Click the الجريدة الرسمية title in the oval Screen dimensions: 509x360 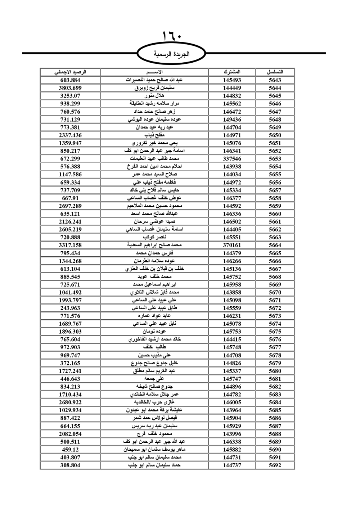coord(171,54)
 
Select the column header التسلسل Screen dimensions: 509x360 coord(275,72)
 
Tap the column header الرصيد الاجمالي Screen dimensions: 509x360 coord(70,72)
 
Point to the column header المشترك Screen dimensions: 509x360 coord(232,72)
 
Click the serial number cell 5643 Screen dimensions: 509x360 coord(275,80)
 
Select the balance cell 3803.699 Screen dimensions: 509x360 coord(70,88)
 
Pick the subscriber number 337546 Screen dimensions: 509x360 coord(232,159)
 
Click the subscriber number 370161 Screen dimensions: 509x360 coord(232,245)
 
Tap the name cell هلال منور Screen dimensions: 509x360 coord(154,96)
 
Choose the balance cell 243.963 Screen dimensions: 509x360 coord(70,308)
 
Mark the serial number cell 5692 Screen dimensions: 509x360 coord(275,465)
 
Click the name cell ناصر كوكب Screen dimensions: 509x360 coord(154,237)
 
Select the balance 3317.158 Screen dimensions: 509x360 coord(70,245)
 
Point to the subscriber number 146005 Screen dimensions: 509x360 coord(232,402)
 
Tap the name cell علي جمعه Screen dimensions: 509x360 coord(154,379)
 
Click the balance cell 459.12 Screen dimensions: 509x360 coord(70,450)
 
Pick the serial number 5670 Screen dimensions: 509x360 coord(275,292)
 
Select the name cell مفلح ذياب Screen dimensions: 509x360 coord(154,135)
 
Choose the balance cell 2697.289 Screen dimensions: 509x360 coord(70,206)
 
